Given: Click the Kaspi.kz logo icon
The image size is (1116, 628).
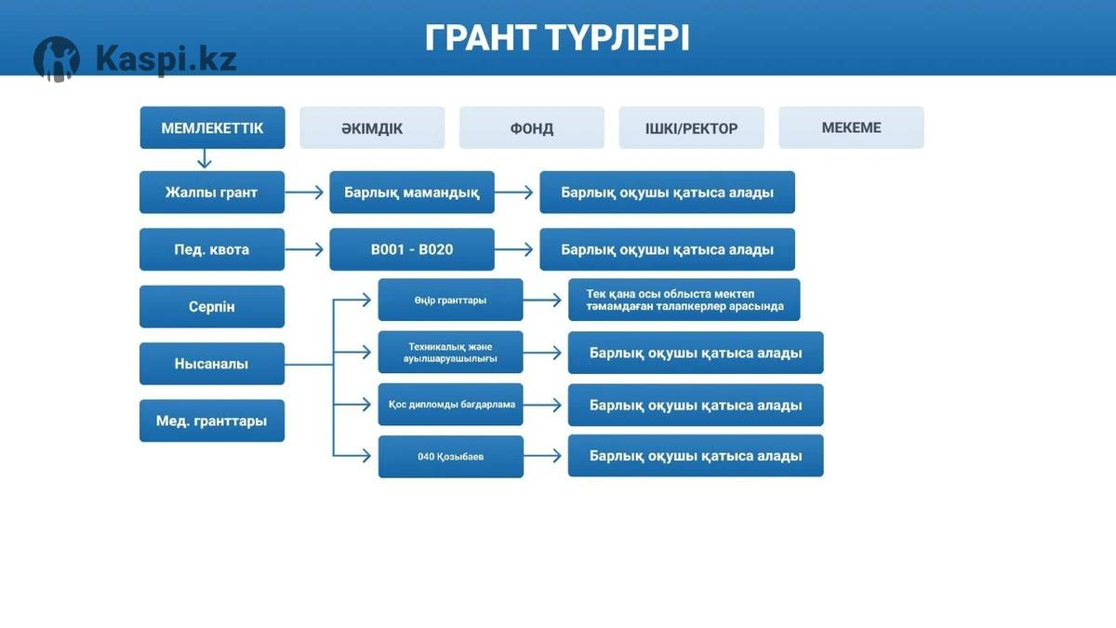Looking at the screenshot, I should (57, 60).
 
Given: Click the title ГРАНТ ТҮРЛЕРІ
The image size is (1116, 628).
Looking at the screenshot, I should (557, 38).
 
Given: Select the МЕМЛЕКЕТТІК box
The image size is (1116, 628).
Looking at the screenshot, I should (212, 127).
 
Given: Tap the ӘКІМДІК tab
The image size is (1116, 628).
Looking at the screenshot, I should (372, 128).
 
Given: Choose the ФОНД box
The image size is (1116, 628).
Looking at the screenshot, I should (532, 128).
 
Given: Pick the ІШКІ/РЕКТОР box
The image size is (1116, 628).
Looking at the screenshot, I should (691, 128).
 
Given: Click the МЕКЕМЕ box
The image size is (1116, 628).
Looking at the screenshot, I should (851, 127).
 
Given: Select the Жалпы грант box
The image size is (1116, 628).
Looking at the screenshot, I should (212, 193).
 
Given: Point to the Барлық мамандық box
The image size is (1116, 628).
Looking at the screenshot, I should (412, 193).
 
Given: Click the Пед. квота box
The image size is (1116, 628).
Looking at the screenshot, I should (212, 249).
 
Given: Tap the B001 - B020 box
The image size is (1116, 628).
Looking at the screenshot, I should (412, 249).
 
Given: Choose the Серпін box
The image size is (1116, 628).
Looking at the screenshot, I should (212, 306).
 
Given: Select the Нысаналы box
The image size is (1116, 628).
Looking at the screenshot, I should (212, 364).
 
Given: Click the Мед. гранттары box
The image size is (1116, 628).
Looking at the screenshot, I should (212, 421).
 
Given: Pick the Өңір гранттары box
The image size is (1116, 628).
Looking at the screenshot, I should (450, 300).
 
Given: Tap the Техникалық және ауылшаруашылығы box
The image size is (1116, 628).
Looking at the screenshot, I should (450, 353).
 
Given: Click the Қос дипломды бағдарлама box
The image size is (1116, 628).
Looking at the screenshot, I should (450, 405).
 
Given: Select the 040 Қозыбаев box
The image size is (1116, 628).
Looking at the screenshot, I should (450, 457).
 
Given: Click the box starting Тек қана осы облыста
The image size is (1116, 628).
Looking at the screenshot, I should (684, 300).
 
